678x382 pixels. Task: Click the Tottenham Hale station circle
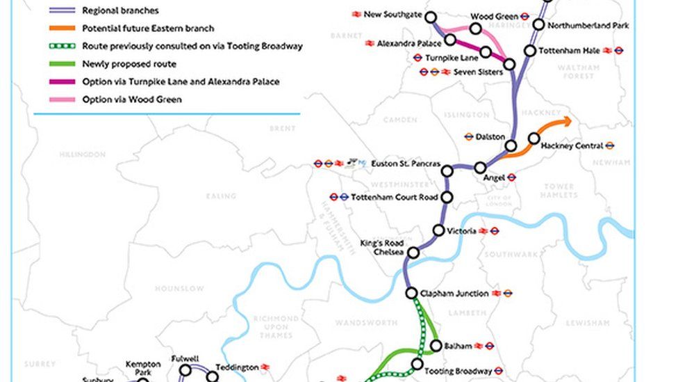(x=530, y=50)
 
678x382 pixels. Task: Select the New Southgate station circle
(x=431, y=17)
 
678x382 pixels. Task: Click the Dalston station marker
(x=511, y=145)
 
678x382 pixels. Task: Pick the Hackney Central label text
(x=572, y=146)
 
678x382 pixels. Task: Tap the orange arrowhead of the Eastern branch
(x=568, y=122)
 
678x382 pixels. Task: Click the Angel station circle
(x=480, y=168)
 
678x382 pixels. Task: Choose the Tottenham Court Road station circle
(x=447, y=198)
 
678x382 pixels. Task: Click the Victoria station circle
(x=439, y=230)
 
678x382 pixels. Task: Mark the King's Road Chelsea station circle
(x=413, y=253)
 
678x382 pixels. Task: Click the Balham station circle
(x=436, y=346)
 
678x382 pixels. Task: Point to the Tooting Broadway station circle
(x=417, y=364)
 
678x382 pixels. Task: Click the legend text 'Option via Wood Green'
(x=131, y=100)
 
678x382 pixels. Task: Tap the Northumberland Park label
(x=588, y=26)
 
